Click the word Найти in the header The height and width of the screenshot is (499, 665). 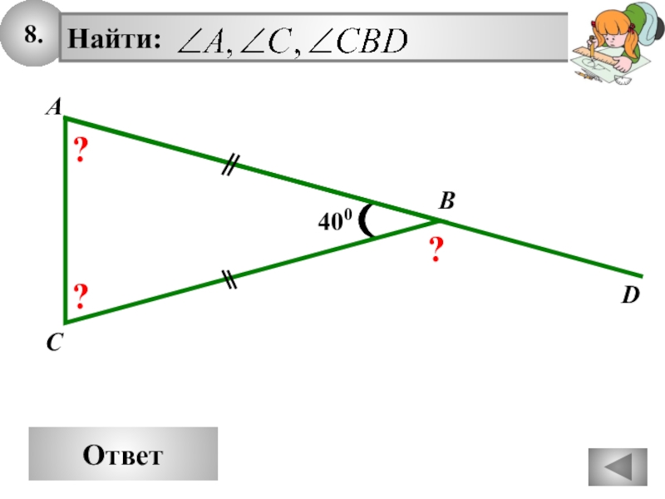point(114,39)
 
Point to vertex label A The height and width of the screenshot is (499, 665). point(52,107)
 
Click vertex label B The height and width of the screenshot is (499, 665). point(447,200)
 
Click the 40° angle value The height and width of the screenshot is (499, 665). point(335,221)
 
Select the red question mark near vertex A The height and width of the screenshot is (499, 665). point(81,151)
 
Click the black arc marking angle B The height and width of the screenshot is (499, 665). point(367,221)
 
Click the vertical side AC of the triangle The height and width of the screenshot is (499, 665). point(65,220)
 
